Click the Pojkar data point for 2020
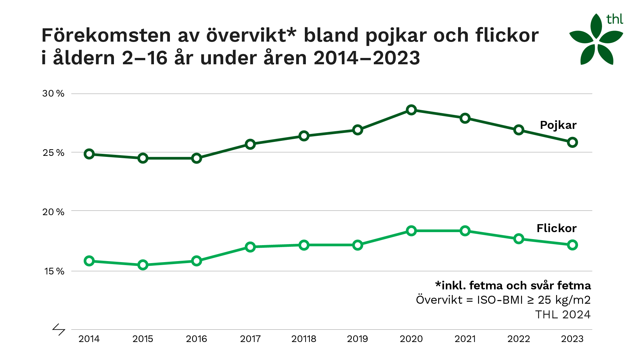pyautogui.click(x=411, y=110)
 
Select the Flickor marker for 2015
pyautogui.click(x=143, y=265)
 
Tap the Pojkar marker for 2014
pyautogui.click(x=89, y=154)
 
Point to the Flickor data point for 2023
pyautogui.click(x=572, y=245)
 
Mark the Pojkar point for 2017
pyautogui.click(x=250, y=144)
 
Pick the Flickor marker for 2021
pyautogui.click(x=465, y=231)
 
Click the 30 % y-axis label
pyautogui.click(x=53, y=94)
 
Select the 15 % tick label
pyautogui.click(x=54, y=271)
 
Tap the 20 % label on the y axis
pyautogui.click(x=53, y=212)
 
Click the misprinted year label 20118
pyautogui.click(x=304, y=339)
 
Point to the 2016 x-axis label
pyautogui.click(x=197, y=339)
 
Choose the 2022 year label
pyautogui.click(x=519, y=339)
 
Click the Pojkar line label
pyautogui.click(x=558, y=126)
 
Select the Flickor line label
pyautogui.click(x=557, y=228)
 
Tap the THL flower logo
pyautogui.click(x=596, y=39)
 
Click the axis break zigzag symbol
pyautogui.click(x=59, y=329)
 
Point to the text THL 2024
pyautogui.click(x=563, y=315)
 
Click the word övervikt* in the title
pyautogui.click(x=251, y=35)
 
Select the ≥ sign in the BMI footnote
pyautogui.click(x=531, y=300)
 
